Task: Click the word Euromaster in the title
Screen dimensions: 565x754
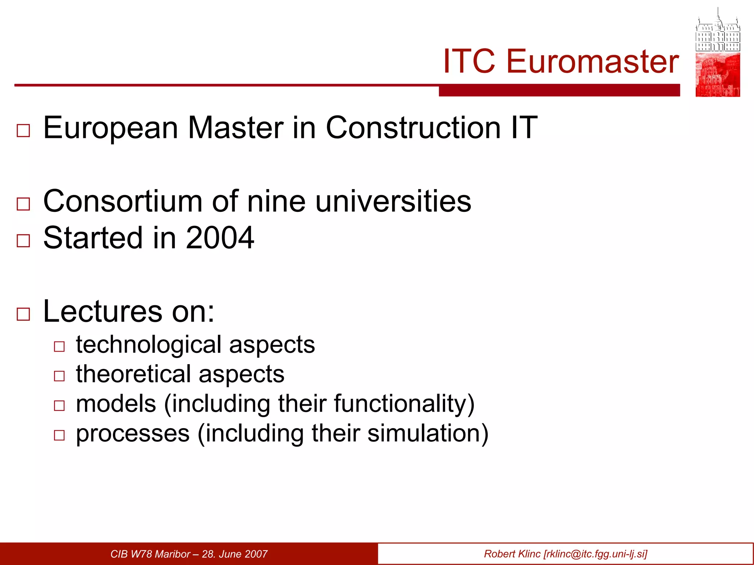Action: (592, 61)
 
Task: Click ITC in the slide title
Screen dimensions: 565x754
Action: (469, 61)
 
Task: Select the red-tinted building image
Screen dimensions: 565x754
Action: (718, 75)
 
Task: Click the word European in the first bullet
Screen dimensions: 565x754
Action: (111, 128)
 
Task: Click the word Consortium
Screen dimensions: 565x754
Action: (123, 201)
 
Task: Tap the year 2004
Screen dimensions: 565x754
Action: (220, 238)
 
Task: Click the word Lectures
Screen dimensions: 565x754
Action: (103, 311)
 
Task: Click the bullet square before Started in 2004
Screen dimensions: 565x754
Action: (24, 241)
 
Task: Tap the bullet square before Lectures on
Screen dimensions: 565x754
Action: (24, 314)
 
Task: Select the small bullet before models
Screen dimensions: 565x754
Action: (59, 406)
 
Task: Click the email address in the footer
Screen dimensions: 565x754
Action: (595, 554)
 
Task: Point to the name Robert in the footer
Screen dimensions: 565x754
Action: (499, 554)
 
